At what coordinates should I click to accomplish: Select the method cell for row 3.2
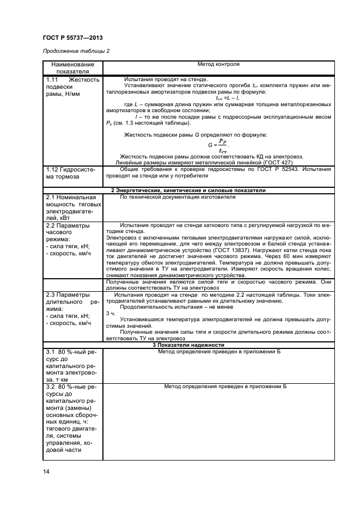click(x=219, y=386)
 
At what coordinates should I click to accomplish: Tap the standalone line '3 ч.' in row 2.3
click(x=111, y=314)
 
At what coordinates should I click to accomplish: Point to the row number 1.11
click(x=54, y=79)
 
